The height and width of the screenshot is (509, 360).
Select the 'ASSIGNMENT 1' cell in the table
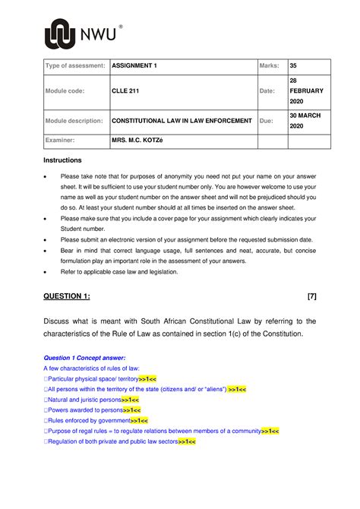tap(134, 66)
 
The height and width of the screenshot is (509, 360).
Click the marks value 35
tap(292, 66)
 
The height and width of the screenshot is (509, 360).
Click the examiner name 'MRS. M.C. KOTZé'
tap(144, 142)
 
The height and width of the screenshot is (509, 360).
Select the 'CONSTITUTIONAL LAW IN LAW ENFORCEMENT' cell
tap(182, 121)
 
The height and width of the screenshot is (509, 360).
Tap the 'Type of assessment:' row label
tap(74, 66)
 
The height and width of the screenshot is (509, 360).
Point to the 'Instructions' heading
tap(62, 161)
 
